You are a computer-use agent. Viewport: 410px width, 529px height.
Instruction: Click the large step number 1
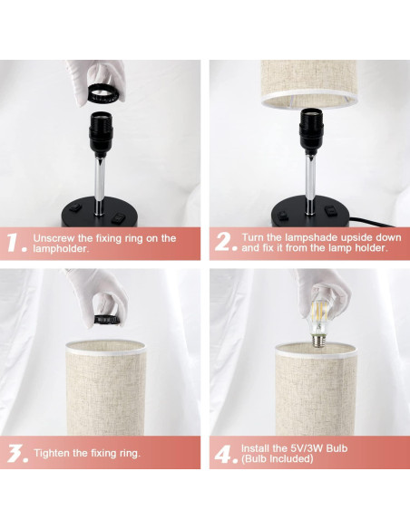pyautogui.click(x=15, y=242)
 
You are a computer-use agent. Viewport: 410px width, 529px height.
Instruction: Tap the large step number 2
pyautogui.click(x=225, y=242)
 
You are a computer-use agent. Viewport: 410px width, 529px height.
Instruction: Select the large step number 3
pyautogui.click(x=17, y=454)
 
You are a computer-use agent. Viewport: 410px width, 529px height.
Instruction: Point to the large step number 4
pyautogui.click(x=226, y=454)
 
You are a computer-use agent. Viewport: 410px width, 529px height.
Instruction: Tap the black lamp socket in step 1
pyautogui.click(x=101, y=134)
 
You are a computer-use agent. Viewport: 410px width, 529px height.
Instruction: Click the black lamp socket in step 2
pyautogui.click(x=311, y=132)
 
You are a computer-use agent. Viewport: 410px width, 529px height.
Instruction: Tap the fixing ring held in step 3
pyautogui.click(x=107, y=320)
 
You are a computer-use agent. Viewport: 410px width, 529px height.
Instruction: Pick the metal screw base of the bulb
pyautogui.click(x=317, y=340)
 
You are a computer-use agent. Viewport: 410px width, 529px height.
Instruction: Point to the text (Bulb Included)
pyautogui.click(x=278, y=459)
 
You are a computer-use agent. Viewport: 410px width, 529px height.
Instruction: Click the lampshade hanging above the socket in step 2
pyautogui.click(x=309, y=84)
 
